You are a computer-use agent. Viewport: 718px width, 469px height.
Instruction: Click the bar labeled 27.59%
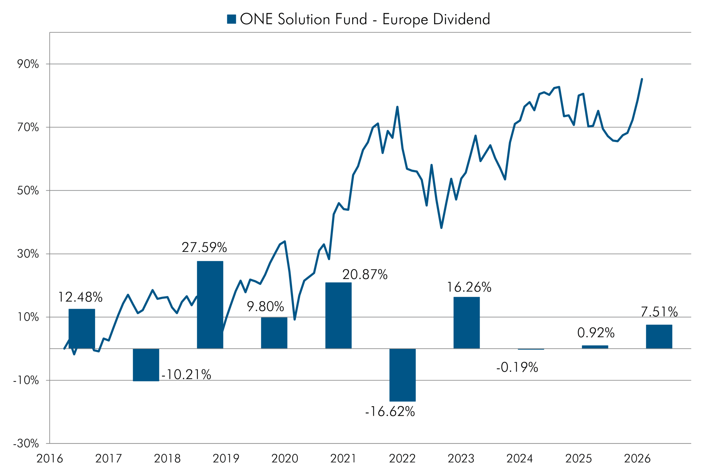click(210, 305)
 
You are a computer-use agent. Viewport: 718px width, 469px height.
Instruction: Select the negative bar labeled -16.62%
click(402, 375)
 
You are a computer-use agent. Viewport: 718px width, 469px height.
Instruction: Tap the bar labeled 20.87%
click(338, 315)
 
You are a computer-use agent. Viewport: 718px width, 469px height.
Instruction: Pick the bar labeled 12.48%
click(82, 329)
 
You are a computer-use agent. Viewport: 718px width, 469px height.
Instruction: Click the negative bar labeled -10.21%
click(146, 365)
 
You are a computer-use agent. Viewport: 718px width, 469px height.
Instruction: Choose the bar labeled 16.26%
click(466, 323)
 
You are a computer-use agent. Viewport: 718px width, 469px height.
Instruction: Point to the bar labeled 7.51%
click(659, 337)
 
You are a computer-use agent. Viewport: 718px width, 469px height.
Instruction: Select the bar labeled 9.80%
click(274, 333)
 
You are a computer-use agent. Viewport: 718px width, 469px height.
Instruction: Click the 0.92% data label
click(596, 333)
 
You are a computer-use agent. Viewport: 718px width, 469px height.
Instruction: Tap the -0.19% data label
click(517, 367)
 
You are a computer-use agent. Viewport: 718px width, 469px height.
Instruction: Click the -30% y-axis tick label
click(26, 443)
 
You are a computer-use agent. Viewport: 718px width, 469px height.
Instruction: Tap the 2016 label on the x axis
click(50, 459)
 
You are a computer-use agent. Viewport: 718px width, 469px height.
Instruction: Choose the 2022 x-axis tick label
click(402, 459)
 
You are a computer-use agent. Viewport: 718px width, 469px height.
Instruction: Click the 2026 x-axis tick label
click(637, 459)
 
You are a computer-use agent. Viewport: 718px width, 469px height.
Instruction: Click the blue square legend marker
click(231, 19)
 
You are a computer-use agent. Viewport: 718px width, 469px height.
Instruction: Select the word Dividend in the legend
click(462, 19)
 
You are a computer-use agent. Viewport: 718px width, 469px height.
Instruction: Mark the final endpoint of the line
click(642, 79)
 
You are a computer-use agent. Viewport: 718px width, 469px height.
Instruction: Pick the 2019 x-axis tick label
click(226, 459)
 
